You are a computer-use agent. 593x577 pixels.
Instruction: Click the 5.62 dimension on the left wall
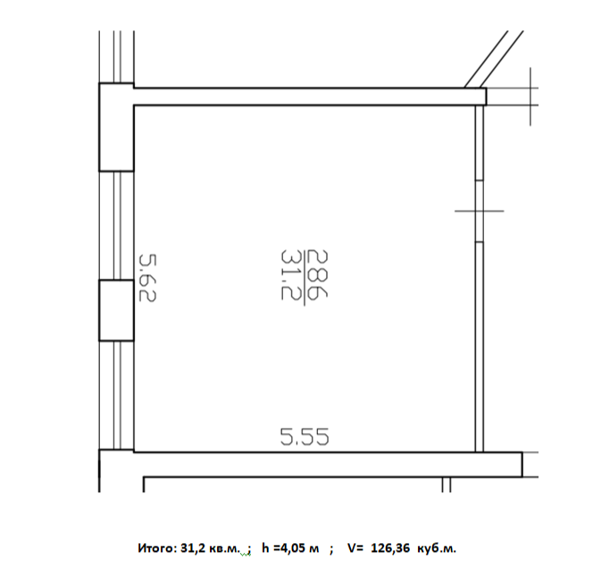147,278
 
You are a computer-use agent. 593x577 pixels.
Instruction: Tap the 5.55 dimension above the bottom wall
305,437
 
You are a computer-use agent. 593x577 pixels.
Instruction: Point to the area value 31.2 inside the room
290,275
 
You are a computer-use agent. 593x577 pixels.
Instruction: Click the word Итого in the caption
156,548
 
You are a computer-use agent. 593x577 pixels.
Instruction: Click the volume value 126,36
390,548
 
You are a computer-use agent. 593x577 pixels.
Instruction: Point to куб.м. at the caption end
437,548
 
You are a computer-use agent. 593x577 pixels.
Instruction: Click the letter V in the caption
351,548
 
